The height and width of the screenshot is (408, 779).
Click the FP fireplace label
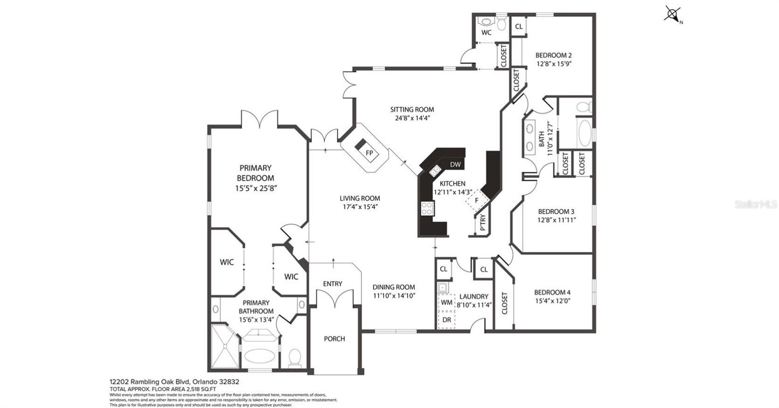(x=370, y=153)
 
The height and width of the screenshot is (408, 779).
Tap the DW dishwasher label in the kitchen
(x=455, y=164)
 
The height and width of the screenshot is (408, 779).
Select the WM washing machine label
(x=446, y=302)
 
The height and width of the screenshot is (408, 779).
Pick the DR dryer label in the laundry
(x=446, y=319)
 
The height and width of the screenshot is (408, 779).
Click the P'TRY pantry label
(x=482, y=222)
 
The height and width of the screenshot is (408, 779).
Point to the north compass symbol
(x=672, y=15)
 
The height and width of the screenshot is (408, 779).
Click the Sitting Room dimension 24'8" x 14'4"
(x=412, y=118)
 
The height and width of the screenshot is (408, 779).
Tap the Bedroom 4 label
(x=552, y=292)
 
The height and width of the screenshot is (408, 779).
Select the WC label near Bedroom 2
(x=486, y=33)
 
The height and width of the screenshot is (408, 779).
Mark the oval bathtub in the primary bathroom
(x=260, y=355)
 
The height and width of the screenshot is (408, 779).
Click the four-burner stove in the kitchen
(x=427, y=209)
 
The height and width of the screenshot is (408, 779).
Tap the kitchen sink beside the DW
(x=435, y=170)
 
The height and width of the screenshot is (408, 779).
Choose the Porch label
(x=334, y=338)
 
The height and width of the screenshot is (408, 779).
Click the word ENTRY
(x=333, y=284)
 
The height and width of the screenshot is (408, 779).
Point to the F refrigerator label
(x=477, y=200)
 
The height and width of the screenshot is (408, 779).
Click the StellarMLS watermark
(x=755, y=204)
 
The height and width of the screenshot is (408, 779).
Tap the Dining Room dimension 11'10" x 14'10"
(x=394, y=295)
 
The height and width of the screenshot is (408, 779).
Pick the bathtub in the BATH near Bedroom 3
(x=584, y=132)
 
